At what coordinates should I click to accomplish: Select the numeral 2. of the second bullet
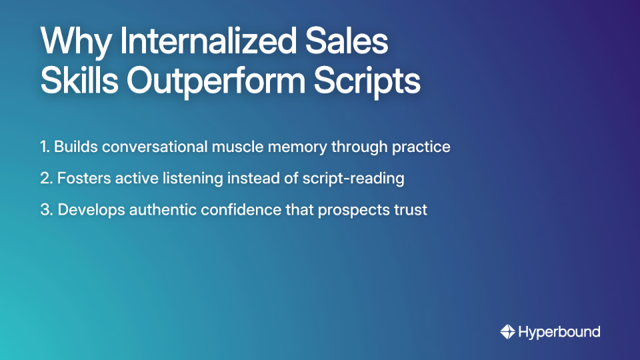(46, 179)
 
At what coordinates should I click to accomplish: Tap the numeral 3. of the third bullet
(46, 209)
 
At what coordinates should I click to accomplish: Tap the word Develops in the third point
(89, 209)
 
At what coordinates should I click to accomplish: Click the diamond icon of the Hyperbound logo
(507, 331)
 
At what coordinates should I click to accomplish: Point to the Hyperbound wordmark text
(559, 331)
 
